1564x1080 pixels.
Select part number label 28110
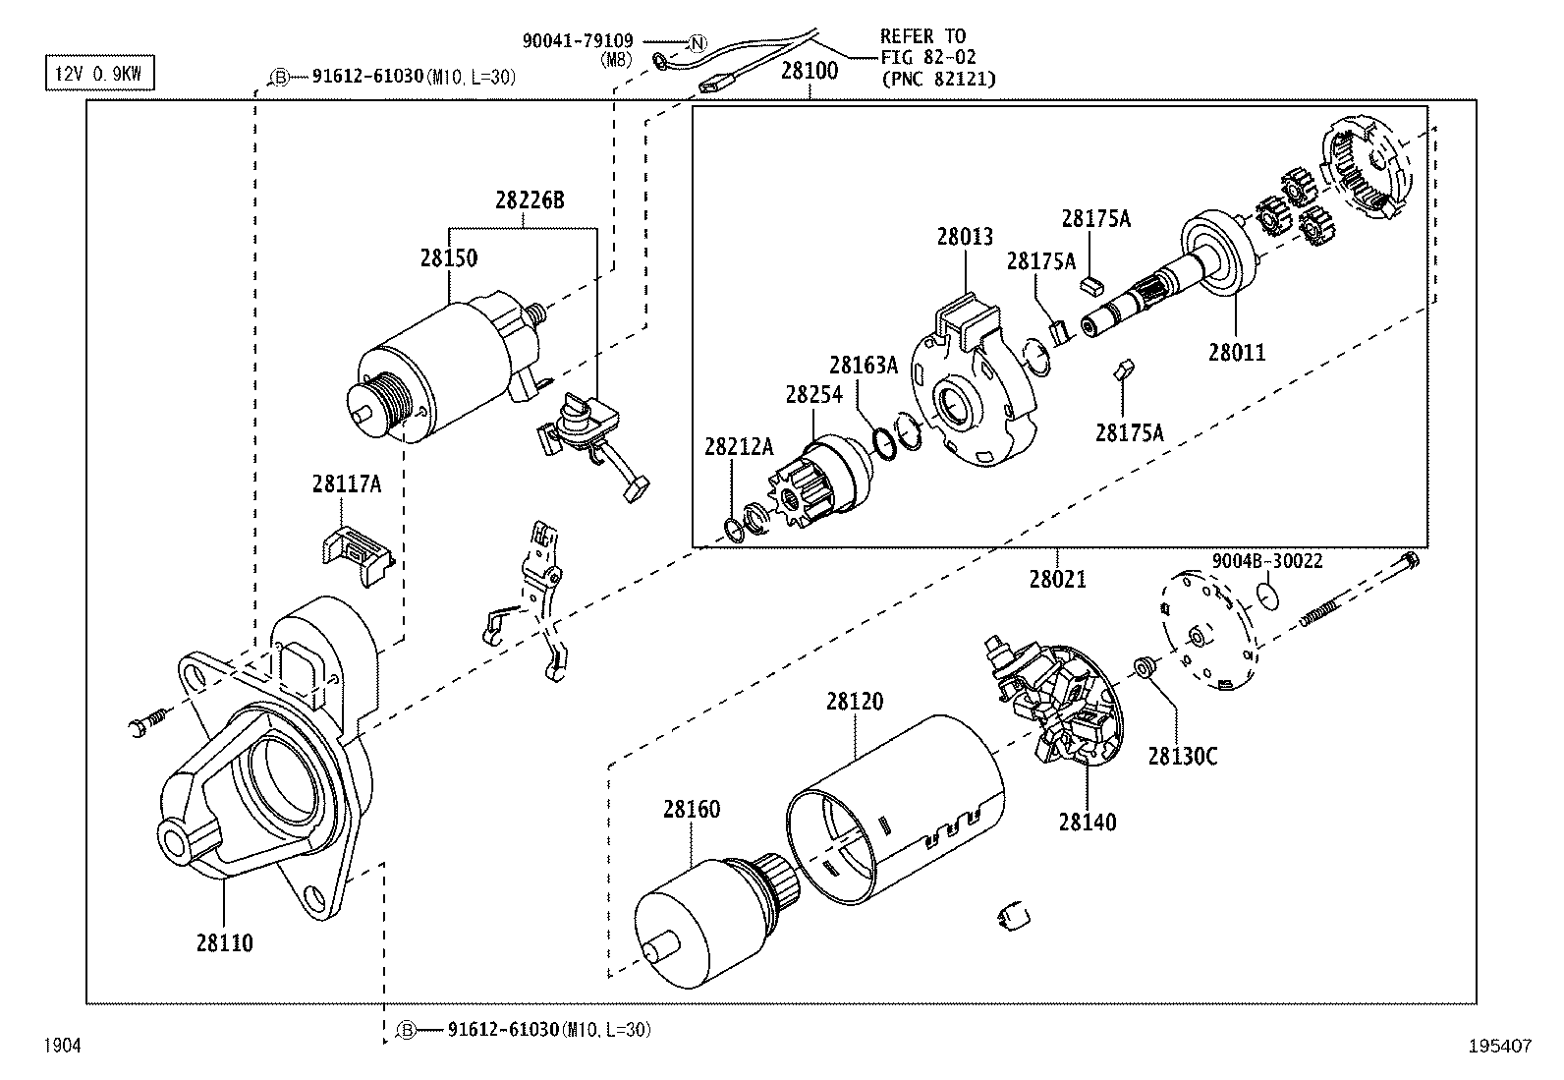(x=224, y=942)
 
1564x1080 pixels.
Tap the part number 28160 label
(x=691, y=809)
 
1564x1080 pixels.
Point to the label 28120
(x=854, y=702)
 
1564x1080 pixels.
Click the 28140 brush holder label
(x=1088, y=822)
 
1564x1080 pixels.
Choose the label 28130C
(x=1182, y=756)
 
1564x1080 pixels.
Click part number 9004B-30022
(x=1266, y=561)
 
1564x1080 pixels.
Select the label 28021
(x=1058, y=579)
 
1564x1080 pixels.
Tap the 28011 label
(x=1237, y=352)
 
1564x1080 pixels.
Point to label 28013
(x=964, y=236)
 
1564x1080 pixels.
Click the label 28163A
(x=863, y=365)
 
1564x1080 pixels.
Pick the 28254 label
(x=813, y=394)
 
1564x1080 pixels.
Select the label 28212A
(x=739, y=447)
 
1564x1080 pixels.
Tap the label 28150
(x=449, y=257)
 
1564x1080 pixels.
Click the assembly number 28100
(x=810, y=72)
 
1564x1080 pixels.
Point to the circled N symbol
(x=696, y=42)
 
